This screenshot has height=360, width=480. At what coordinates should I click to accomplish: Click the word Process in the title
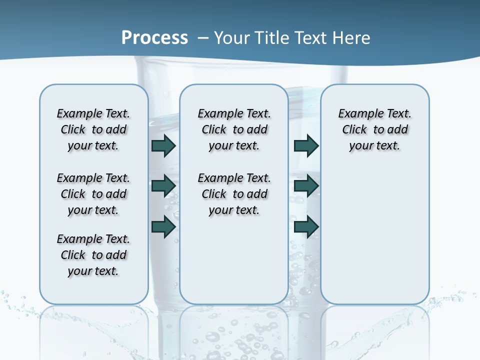(154, 37)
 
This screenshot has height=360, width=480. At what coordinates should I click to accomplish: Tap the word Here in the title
(351, 37)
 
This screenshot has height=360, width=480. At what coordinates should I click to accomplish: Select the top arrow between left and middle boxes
(163, 145)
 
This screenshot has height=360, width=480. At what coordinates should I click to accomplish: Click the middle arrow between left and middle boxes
(163, 186)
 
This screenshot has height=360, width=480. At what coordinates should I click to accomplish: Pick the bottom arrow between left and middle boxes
(163, 226)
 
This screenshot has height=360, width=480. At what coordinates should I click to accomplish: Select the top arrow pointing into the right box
(306, 145)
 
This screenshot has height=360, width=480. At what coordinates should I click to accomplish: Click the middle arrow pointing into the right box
(306, 186)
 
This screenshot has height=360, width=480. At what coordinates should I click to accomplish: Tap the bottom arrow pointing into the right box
(306, 226)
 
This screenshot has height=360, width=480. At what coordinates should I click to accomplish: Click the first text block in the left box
(93, 129)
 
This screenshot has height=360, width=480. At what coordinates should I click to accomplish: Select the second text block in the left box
(93, 194)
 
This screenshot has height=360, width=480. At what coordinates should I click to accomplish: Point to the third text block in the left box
(93, 255)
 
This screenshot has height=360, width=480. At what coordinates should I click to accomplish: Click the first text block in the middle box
(234, 129)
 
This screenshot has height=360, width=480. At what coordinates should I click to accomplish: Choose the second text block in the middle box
(234, 194)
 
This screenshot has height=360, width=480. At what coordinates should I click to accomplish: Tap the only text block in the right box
(374, 129)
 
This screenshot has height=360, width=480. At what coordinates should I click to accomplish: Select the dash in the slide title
(203, 38)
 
